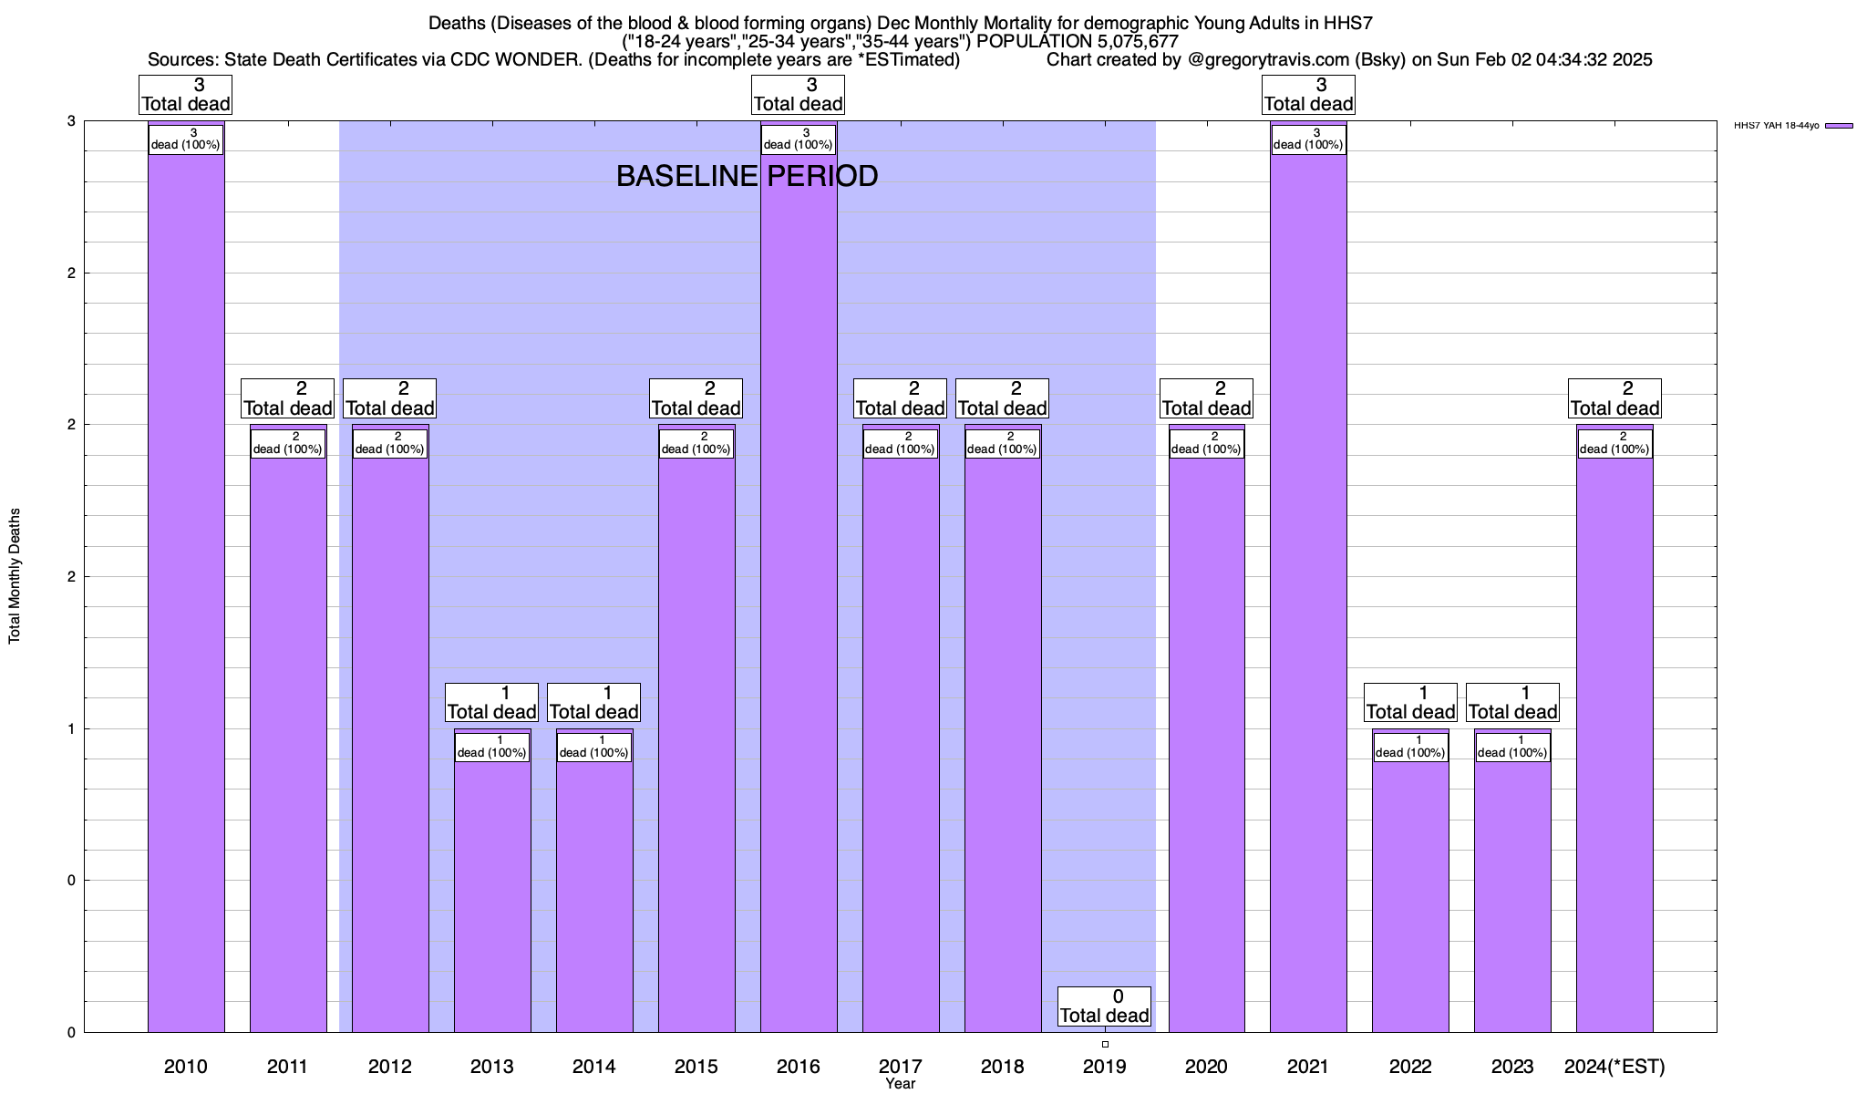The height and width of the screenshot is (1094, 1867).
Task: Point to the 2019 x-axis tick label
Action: (1104, 1066)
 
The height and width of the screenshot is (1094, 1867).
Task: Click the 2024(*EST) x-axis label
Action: (1614, 1066)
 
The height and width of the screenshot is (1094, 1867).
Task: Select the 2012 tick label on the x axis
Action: (389, 1066)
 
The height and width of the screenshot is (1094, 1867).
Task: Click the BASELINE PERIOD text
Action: (747, 176)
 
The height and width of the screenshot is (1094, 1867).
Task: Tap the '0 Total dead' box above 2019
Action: (1104, 1006)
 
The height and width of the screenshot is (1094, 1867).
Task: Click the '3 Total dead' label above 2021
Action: (1308, 95)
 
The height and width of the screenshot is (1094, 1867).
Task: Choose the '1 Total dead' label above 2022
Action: (1410, 703)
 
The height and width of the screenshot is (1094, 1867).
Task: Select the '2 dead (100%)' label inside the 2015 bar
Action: (696, 443)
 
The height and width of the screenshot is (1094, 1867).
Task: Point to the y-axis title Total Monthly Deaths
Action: (15, 576)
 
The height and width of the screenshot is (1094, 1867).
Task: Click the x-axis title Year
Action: (900, 1084)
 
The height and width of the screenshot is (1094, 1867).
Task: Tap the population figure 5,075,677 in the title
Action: (1125, 42)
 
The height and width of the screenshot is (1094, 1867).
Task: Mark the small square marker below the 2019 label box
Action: (1105, 1044)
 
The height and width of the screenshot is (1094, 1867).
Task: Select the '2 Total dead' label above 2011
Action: (287, 398)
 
